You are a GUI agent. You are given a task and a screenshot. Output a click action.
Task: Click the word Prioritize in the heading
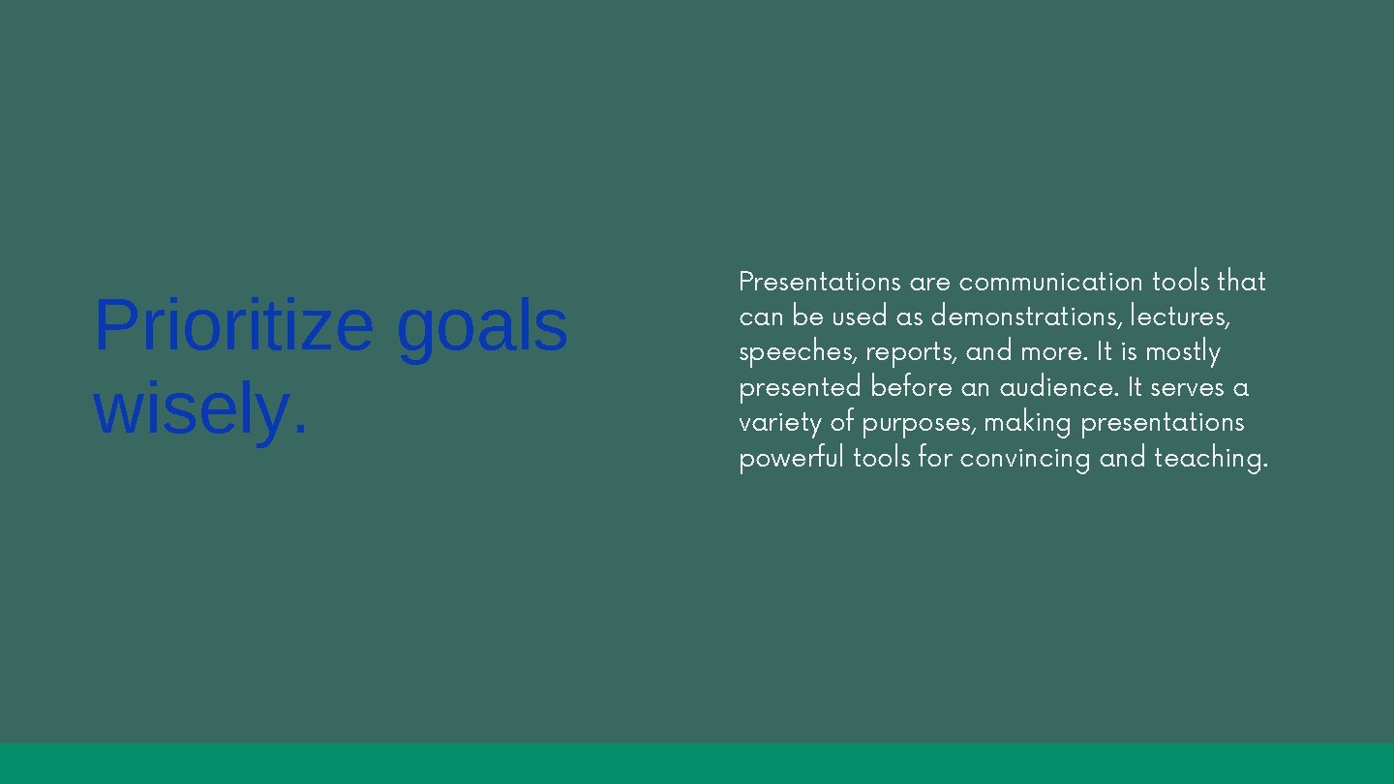pos(233,326)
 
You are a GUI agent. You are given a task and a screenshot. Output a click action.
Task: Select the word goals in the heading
pos(481,326)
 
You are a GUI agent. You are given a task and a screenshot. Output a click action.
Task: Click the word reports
pos(911,352)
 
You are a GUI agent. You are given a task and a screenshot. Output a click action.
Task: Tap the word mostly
pos(1182,352)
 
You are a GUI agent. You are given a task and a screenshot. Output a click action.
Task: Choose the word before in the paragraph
pos(911,387)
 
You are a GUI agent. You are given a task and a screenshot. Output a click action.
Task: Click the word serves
pos(1187,387)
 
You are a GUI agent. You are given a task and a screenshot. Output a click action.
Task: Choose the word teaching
pos(1210,458)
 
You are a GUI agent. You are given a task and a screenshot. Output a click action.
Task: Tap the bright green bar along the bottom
pos(697,764)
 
